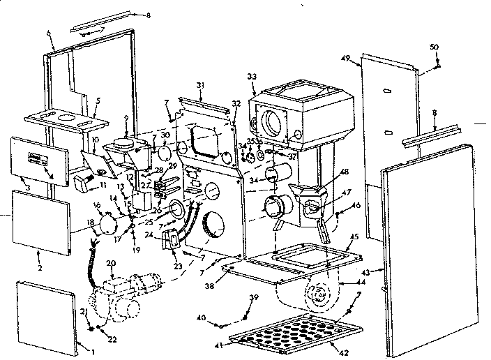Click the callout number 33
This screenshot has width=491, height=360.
coord(251,75)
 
